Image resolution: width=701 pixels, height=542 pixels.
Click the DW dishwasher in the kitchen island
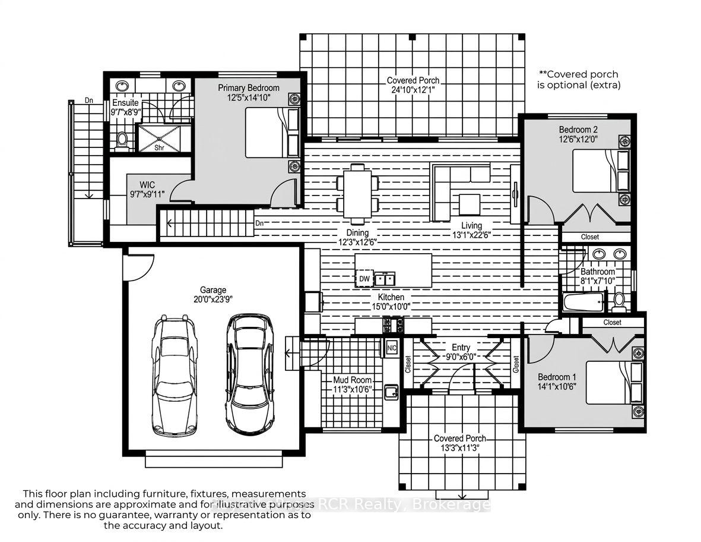pyautogui.click(x=364, y=279)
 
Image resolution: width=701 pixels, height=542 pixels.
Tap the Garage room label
pyautogui.click(x=213, y=290)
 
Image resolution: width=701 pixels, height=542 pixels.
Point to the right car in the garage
pyautogui.click(x=250, y=374)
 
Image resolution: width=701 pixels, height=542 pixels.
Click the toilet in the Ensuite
pyautogui.click(x=122, y=138)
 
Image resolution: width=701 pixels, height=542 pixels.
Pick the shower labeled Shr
pyautogui.click(x=159, y=138)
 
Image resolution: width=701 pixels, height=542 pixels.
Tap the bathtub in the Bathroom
pyautogui.click(x=584, y=302)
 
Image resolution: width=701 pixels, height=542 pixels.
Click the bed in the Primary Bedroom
pyautogui.click(x=272, y=133)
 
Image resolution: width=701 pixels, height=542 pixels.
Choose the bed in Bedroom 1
pyautogui.click(x=615, y=383)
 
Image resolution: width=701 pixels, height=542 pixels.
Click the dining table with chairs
pyautogui.click(x=358, y=194)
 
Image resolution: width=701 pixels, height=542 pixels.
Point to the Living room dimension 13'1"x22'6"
pyautogui.click(x=472, y=234)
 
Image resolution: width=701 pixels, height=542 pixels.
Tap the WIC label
pyautogui.click(x=147, y=184)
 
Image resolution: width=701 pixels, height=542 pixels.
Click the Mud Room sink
pyautogui.click(x=392, y=391)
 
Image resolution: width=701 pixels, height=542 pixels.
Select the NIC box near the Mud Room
pyautogui.click(x=392, y=348)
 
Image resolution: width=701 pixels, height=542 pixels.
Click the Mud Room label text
pyautogui.click(x=353, y=380)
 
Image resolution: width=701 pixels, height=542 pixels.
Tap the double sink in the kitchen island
pyautogui.click(x=385, y=279)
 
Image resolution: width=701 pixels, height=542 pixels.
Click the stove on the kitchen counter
pyautogui.click(x=393, y=325)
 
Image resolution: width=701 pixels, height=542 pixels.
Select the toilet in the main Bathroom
pyautogui.click(x=618, y=302)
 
